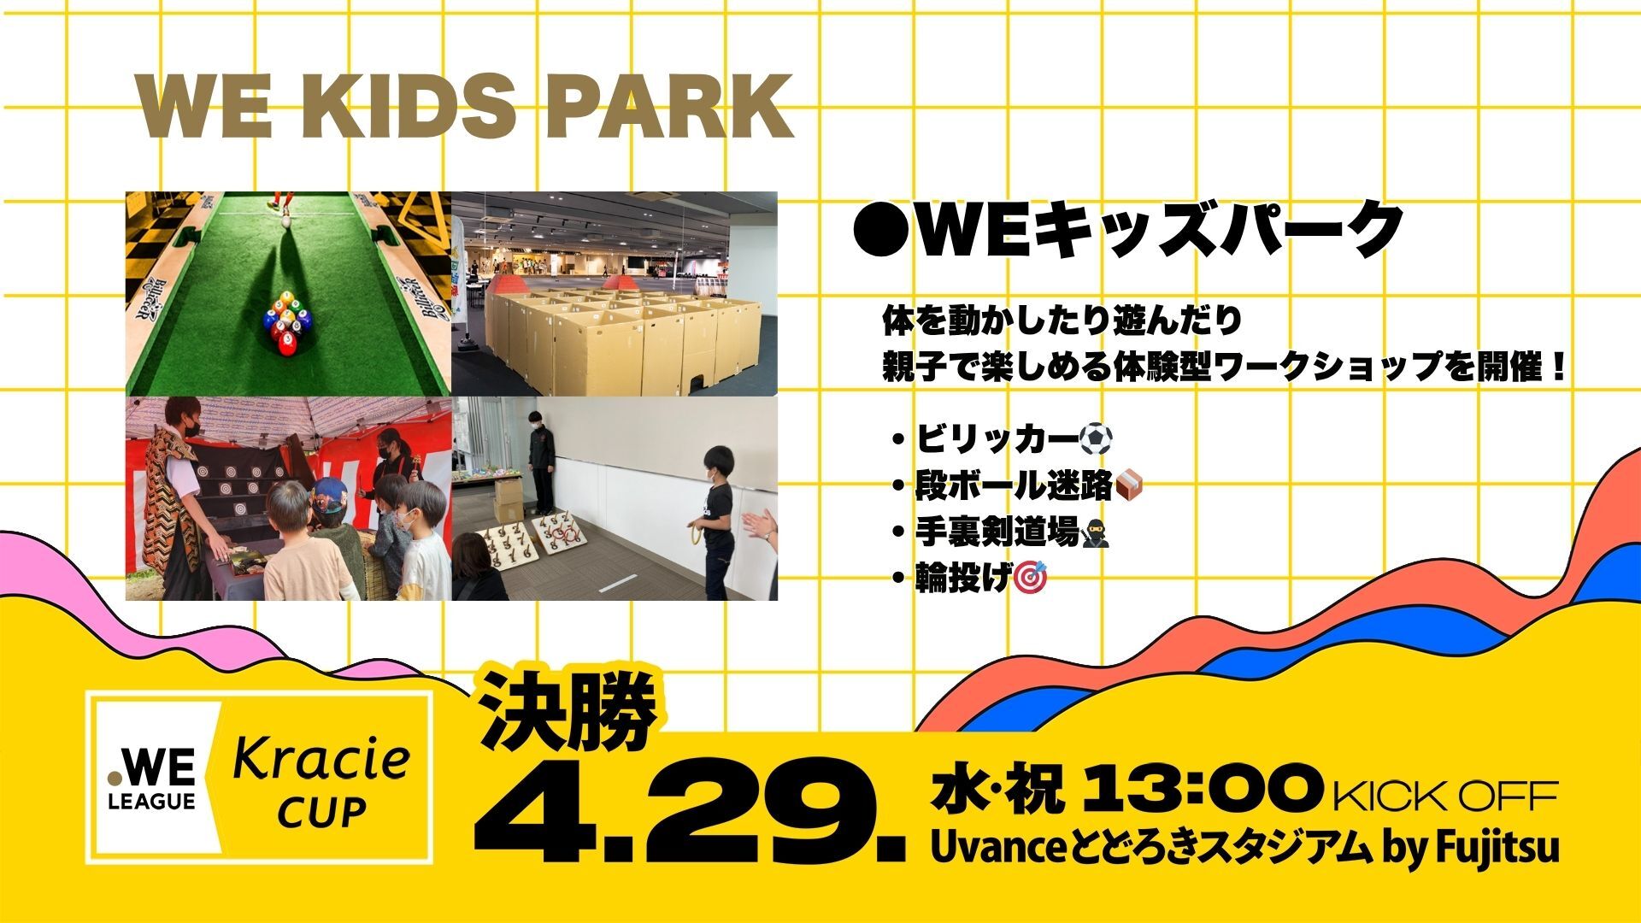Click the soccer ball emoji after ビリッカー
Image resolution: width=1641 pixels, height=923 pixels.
click(1096, 440)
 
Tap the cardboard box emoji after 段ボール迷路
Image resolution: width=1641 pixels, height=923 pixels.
click(1130, 486)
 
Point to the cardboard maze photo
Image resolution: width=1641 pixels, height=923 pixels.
click(615, 293)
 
